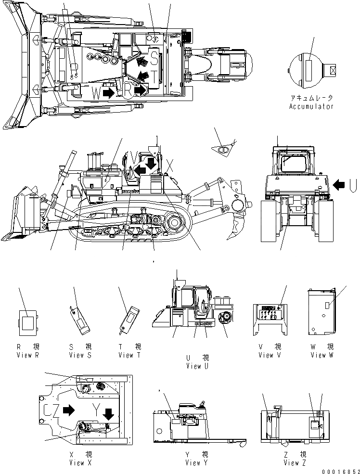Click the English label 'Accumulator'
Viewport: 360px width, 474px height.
click(x=311, y=107)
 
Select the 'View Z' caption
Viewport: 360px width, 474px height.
click(x=291, y=463)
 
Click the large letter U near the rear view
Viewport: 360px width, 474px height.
click(x=353, y=183)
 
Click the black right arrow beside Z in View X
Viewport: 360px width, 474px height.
click(x=69, y=410)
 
